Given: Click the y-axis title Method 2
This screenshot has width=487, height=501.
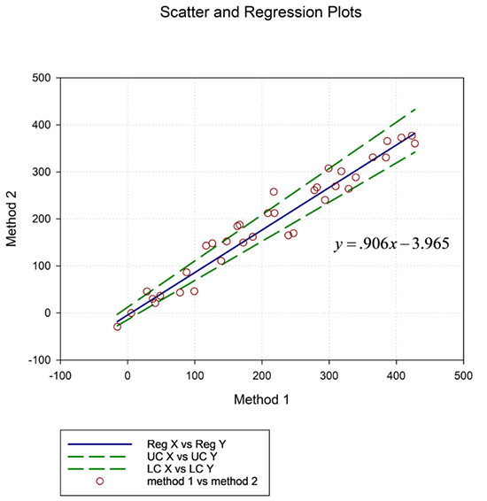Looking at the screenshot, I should [x=14, y=218].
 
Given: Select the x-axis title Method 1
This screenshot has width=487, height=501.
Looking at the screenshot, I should [x=262, y=399].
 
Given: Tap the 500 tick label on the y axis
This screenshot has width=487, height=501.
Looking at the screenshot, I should [x=40, y=78].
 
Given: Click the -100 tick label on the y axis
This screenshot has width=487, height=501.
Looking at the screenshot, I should [x=38, y=359].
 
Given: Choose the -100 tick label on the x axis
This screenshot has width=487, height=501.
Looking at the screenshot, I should [x=60, y=375].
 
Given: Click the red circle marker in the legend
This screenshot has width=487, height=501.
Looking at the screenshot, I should [x=100, y=481].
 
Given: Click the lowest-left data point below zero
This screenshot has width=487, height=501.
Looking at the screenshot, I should [x=117, y=327].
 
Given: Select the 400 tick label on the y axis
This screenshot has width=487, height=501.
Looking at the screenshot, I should [x=40, y=125].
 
